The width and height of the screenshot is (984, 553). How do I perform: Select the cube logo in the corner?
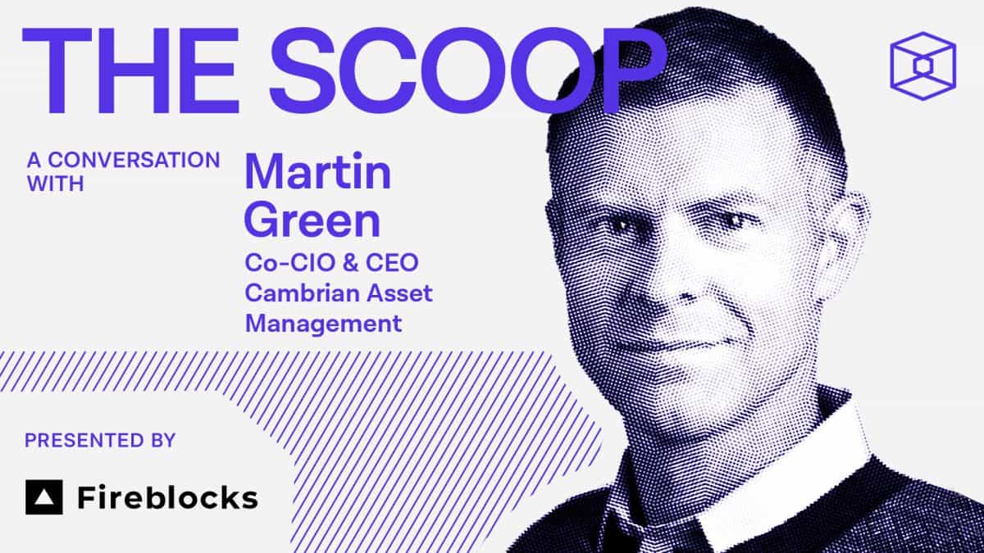922,65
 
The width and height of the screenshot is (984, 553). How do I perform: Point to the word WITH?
55,184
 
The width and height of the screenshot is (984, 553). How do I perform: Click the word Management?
324,323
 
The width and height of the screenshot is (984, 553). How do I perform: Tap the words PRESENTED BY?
100,441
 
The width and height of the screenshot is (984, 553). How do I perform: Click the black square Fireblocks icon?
43,496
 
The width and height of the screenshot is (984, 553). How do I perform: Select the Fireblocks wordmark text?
167,497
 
